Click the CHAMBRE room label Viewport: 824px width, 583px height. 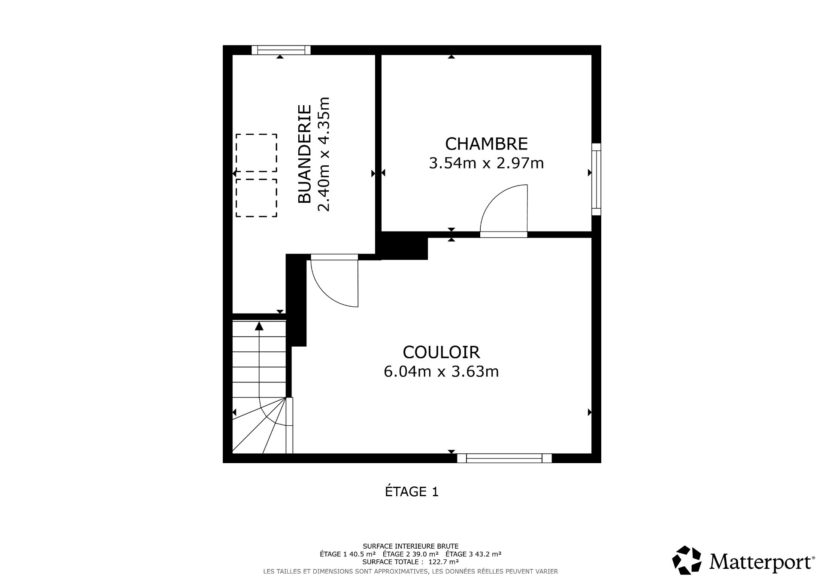[x=486, y=143]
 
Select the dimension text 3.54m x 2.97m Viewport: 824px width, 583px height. [x=486, y=163]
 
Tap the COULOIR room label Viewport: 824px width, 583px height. [x=441, y=352]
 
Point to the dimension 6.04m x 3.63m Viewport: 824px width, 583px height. [x=441, y=371]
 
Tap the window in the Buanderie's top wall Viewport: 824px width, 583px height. [x=281, y=50]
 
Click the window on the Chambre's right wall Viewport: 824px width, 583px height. [x=596, y=179]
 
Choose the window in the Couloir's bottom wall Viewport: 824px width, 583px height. [x=504, y=458]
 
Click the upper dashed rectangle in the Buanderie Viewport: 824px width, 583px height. [x=256, y=153]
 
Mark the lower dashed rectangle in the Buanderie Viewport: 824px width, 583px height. [x=256, y=198]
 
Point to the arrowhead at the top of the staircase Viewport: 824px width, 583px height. [x=259, y=326]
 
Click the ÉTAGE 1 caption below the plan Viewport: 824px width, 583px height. [x=412, y=491]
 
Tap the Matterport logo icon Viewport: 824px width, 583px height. [x=687, y=560]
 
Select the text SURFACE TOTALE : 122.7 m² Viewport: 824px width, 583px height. [x=410, y=562]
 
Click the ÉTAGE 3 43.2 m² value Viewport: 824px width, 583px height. [x=473, y=554]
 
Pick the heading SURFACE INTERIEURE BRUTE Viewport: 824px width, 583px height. [x=410, y=546]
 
